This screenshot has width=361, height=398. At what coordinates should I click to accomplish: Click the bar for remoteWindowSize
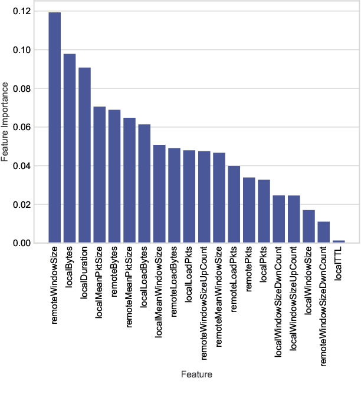pyautogui.click(x=54, y=127)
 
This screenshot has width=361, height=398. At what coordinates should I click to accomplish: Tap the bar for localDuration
pyautogui.click(x=84, y=155)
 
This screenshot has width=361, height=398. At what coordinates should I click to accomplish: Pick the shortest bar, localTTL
pyautogui.click(x=339, y=241)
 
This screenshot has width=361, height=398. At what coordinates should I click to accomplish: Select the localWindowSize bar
pyautogui.click(x=309, y=227)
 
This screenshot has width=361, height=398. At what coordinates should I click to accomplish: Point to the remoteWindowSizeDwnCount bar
pyautogui.click(x=324, y=232)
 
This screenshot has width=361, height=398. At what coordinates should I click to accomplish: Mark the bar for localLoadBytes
pyautogui.click(x=145, y=184)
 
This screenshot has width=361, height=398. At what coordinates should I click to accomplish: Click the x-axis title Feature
pyautogui.click(x=196, y=374)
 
